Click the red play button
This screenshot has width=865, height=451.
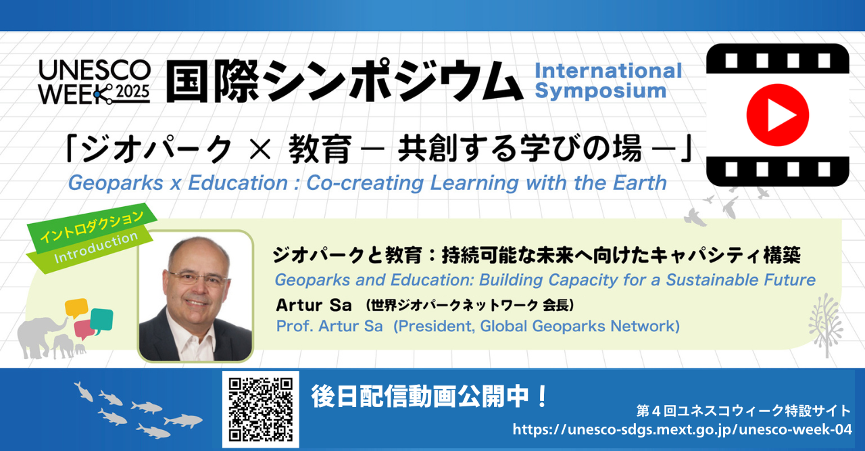pyautogui.click(x=777, y=115)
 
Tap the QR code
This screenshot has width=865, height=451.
pyautogui.click(x=261, y=410)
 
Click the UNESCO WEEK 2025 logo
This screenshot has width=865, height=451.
pyautogui.click(x=95, y=82)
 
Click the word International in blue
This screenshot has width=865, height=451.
pyautogui.click(x=608, y=71)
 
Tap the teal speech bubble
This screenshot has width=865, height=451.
pyautogui.click(x=102, y=321)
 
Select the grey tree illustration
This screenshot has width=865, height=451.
pyautogui.click(x=826, y=325)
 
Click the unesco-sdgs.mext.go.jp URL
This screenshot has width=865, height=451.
pyautogui.click(x=683, y=429)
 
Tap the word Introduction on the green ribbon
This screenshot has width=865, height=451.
pyautogui.click(x=96, y=247)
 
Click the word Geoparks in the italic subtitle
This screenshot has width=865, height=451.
pyautogui.click(x=116, y=183)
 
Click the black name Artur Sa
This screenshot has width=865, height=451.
pyautogui.click(x=314, y=306)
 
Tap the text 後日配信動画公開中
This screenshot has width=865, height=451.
pyautogui.click(x=419, y=396)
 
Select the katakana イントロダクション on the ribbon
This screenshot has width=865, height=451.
pyautogui.click(x=92, y=227)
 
